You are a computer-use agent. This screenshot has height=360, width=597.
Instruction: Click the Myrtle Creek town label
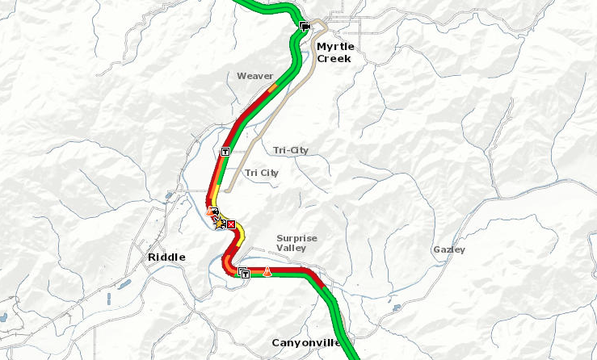335,52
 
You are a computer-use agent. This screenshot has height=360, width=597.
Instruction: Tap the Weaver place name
254,76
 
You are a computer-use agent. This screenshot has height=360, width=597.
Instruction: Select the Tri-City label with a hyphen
291,150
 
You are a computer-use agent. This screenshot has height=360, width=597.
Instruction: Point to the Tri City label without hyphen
262,173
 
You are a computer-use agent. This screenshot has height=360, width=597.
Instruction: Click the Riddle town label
166,257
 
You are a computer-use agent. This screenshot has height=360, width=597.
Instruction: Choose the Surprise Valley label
296,244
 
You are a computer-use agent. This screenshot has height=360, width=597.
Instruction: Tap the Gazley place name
449,249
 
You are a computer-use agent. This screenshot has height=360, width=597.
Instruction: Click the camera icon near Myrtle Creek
305,27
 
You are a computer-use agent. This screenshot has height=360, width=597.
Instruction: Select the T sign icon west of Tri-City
225,151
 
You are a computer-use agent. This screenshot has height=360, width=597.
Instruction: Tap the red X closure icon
231,224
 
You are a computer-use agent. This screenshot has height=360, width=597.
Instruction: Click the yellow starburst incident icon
220,221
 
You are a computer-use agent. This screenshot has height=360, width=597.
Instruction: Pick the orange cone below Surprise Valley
266,272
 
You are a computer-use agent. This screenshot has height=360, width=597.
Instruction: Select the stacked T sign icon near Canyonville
244,272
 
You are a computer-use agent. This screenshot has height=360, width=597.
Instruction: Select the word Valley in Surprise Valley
296,249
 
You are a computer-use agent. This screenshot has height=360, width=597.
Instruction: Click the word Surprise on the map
296,238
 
